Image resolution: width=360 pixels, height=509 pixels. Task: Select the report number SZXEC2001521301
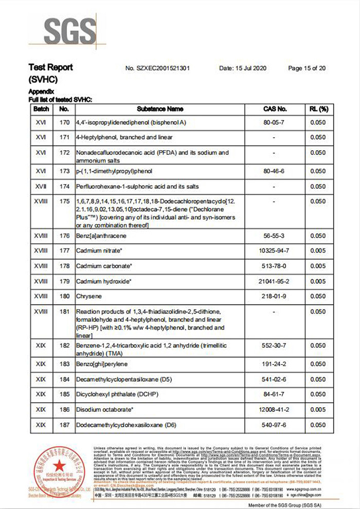pyautogui.click(x=158, y=68)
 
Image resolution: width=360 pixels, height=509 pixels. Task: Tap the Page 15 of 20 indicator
pyautogui.click(x=307, y=68)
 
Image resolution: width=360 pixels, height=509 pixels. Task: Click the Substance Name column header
pyautogui.click(x=160, y=109)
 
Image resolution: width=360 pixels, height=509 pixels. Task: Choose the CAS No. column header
pyautogui.click(x=275, y=109)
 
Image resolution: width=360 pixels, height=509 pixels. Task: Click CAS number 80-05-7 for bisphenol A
pyautogui.click(x=275, y=123)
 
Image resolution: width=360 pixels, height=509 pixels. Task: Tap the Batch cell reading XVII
pyautogui.click(x=41, y=186)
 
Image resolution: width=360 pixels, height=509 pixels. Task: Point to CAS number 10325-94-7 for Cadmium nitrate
pyautogui.click(x=275, y=251)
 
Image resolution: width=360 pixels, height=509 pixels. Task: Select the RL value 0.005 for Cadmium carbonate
pyautogui.click(x=318, y=266)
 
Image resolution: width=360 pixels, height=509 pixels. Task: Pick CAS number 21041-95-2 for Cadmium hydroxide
pyautogui.click(x=275, y=281)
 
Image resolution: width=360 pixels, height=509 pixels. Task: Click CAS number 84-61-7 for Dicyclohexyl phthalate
pyautogui.click(x=275, y=394)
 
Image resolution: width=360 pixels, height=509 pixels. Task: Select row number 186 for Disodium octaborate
pyautogui.click(x=64, y=410)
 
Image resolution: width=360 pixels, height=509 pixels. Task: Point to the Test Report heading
pyautogui.click(x=50, y=67)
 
